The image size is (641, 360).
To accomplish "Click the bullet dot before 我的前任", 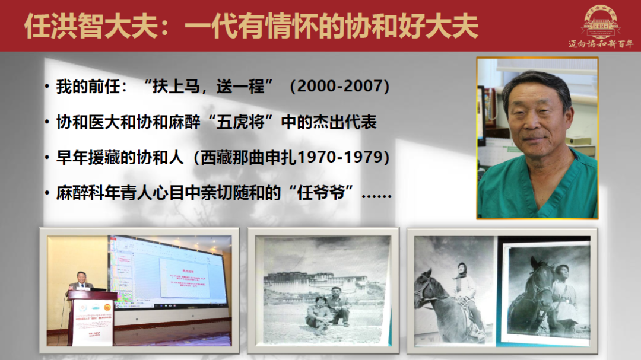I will click(x=47, y=87).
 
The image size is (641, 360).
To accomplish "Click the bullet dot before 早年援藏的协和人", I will click(x=47, y=158).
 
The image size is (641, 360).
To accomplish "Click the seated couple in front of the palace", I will click(x=328, y=308).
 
